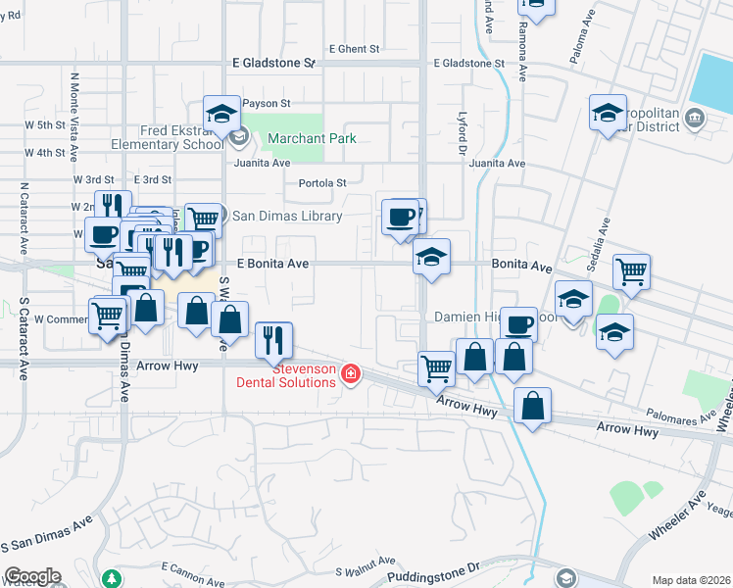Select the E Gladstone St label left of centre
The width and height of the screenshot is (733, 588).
[273, 63]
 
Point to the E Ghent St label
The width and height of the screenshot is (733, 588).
[354, 48]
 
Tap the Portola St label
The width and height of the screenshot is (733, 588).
[322, 183]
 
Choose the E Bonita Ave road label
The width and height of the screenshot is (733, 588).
[273, 264]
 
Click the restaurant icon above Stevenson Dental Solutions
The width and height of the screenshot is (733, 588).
[271, 340]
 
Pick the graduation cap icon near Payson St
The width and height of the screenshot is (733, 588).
[221, 113]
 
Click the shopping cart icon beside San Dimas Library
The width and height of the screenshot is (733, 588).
[202, 219]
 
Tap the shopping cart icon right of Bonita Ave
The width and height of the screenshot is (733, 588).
[632, 271]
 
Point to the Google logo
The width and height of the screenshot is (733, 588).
[32, 576]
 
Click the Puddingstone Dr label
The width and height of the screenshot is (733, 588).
[431, 568]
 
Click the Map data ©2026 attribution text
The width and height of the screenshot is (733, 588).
[691, 580]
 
